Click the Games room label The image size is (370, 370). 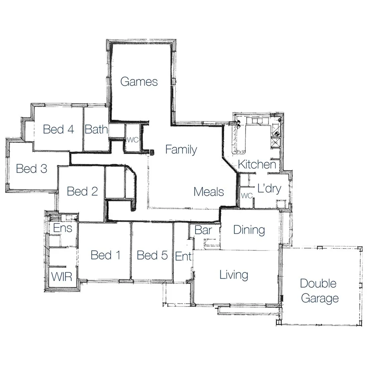click(x=139, y=82)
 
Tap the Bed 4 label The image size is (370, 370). click(x=59, y=129)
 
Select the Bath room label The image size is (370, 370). click(x=96, y=129)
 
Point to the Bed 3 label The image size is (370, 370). click(x=31, y=169)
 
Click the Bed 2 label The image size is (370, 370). click(x=82, y=191)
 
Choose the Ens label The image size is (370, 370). click(x=63, y=228)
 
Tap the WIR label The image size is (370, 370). click(x=62, y=276)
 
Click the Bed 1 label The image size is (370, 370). click(x=106, y=255)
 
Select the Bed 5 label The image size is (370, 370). click(x=152, y=255)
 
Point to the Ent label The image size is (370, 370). click(x=183, y=256)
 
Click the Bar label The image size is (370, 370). click(x=203, y=230)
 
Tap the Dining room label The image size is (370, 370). click(x=249, y=230)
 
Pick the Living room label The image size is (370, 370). click(x=234, y=275)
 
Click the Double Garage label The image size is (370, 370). click(x=319, y=291)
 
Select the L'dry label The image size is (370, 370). click(x=269, y=189)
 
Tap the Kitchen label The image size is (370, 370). click(x=257, y=164)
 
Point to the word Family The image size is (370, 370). click(x=181, y=150)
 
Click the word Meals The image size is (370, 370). click(x=209, y=192)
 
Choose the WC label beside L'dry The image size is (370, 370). click(x=247, y=196)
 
